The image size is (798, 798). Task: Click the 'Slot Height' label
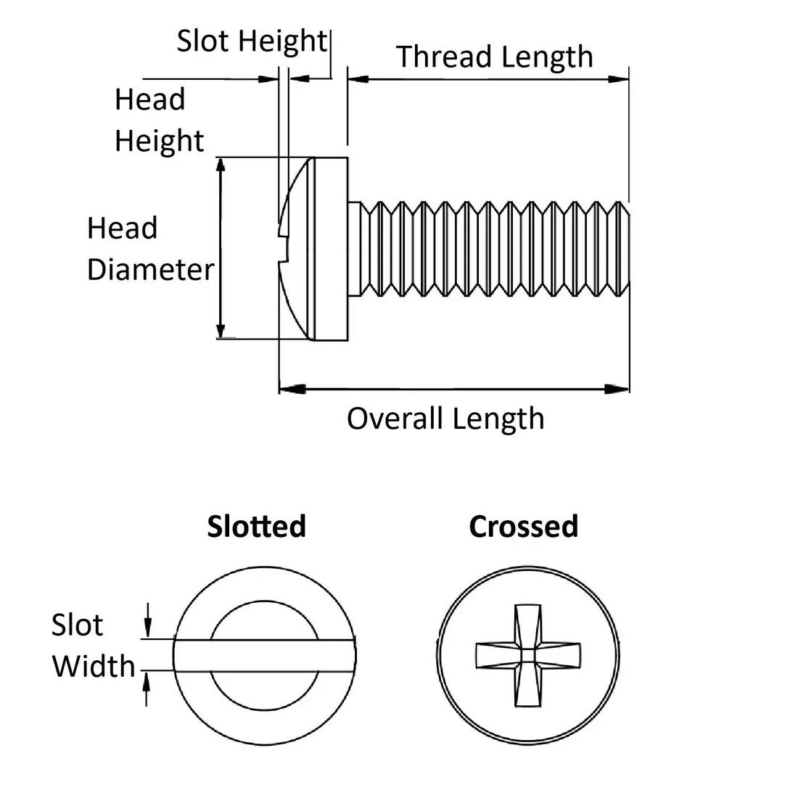click(252, 41)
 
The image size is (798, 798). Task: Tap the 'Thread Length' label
click(494, 57)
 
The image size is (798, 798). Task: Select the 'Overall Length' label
click(445, 419)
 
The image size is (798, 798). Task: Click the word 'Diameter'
click(150, 270)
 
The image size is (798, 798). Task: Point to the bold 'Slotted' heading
click(256, 526)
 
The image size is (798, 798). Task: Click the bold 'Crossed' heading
click(523, 526)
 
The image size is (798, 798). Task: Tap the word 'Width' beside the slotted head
click(94, 666)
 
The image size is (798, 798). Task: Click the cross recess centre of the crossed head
click(529, 655)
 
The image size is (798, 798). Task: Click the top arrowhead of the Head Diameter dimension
click(222, 165)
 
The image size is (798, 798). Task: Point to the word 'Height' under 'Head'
click(159, 141)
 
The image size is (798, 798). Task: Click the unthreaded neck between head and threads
click(355, 248)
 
